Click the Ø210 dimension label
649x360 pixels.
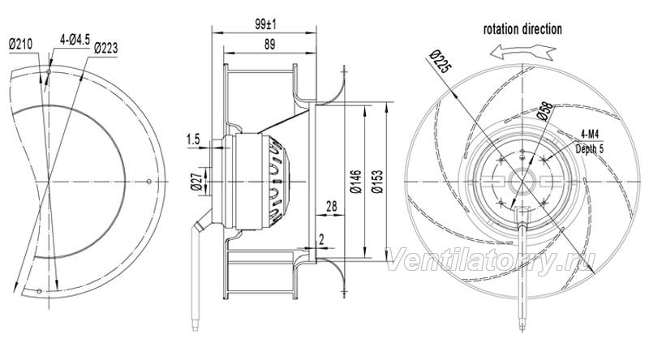click(21, 44)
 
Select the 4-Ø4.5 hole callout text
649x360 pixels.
click(75, 40)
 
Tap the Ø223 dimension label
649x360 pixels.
click(105, 48)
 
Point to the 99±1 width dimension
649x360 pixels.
click(265, 24)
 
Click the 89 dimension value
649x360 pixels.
click(269, 45)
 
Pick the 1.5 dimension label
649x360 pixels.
click(193, 139)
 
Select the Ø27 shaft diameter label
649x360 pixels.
click(196, 181)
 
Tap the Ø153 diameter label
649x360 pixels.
click(377, 182)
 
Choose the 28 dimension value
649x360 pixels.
click(332, 206)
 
